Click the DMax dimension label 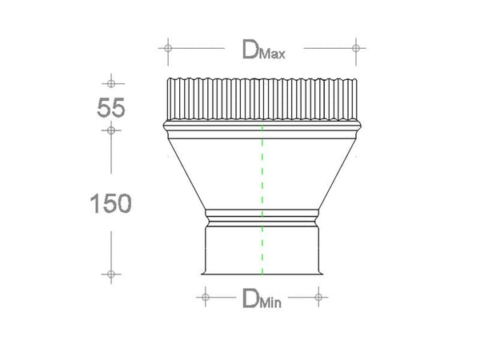[263, 50]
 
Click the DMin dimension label [262, 300]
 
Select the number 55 [111, 107]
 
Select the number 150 [110, 203]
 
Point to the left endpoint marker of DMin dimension [204, 298]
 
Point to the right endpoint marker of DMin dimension [318, 298]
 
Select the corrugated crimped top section [262, 98]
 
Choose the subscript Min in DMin [271, 303]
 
